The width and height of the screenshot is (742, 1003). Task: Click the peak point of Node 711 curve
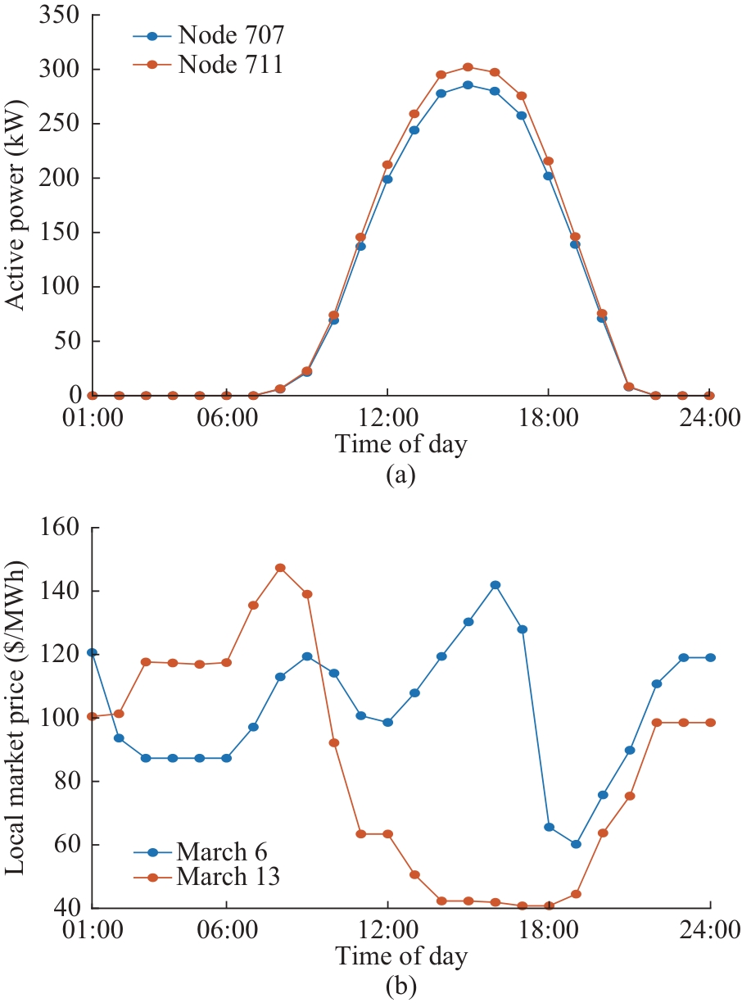(x=468, y=67)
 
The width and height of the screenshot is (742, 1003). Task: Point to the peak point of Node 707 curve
(x=468, y=84)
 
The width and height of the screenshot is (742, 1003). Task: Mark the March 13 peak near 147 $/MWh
(x=280, y=567)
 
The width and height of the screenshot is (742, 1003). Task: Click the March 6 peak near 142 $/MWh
(x=495, y=584)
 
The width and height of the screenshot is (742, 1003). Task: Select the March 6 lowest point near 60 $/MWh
(x=576, y=844)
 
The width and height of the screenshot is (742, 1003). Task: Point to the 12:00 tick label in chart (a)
(x=387, y=417)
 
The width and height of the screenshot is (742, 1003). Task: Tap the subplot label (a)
(x=401, y=474)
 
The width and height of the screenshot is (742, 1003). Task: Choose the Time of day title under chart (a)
(x=400, y=445)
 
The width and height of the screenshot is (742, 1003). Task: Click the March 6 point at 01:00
(x=93, y=652)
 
